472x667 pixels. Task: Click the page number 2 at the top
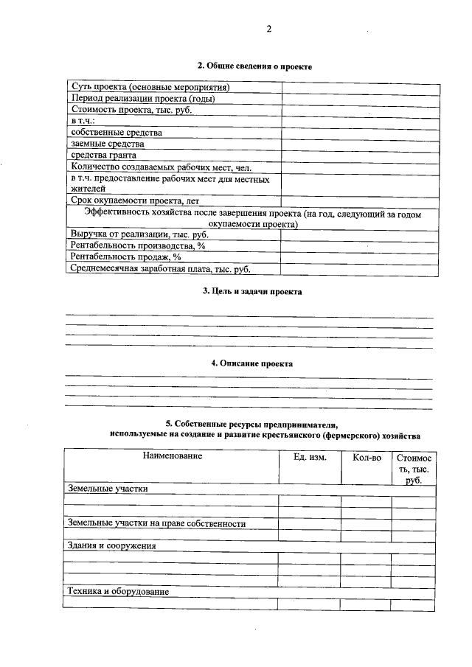click(x=269, y=30)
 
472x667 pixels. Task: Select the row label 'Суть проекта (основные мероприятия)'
click(x=150, y=88)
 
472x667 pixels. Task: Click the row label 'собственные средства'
click(x=117, y=133)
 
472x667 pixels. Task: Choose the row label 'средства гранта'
click(x=104, y=156)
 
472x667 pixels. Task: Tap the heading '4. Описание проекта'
click(x=252, y=363)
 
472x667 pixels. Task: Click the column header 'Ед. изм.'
click(x=310, y=457)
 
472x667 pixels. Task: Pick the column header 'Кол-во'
click(x=367, y=457)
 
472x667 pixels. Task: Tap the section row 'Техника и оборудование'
click(x=118, y=592)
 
